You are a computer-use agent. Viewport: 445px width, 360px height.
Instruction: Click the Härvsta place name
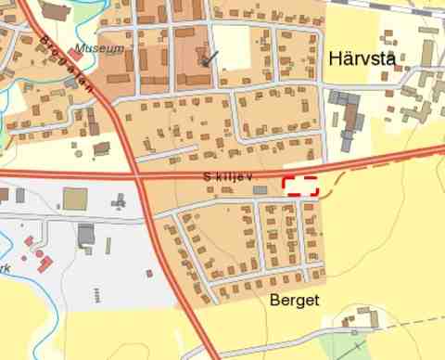(x=362, y=59)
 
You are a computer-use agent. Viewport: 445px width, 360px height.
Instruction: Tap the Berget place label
(x=294, y=301)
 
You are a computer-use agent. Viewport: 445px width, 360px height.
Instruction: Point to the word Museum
(x=99, y=47)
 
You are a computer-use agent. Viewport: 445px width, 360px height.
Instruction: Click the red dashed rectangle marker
(x=300, y=185)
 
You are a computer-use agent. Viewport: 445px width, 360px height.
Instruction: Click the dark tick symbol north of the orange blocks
(x=211, y=58)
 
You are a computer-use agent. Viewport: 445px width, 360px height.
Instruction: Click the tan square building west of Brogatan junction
(x=75, y=199)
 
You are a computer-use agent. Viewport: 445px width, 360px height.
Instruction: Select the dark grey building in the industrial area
(x=86, y=233)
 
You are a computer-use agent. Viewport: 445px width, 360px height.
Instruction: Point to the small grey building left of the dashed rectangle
(x=260, y=190)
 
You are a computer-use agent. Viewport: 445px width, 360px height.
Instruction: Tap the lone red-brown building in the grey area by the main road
(x=148, y=273)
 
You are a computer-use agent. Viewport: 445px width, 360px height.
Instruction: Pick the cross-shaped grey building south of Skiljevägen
(x=119, y=201)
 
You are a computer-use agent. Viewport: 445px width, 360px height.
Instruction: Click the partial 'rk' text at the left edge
(x=5, y=268)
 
